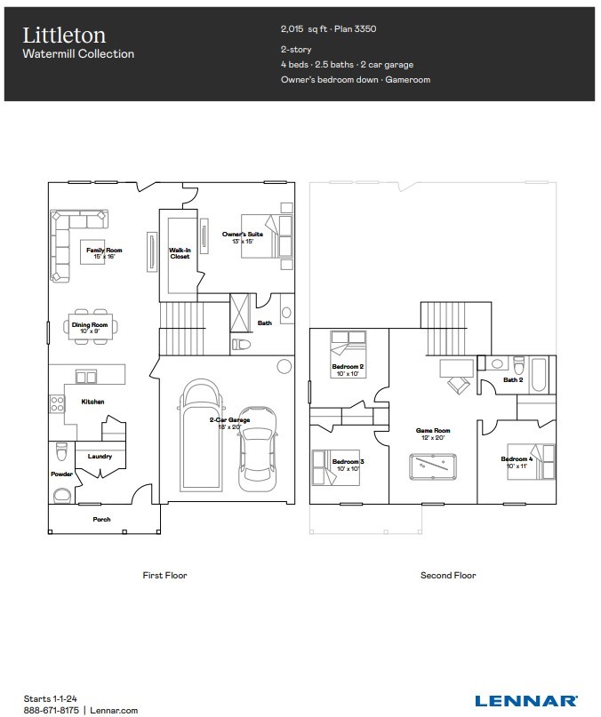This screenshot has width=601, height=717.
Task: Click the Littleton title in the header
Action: click(64, 35)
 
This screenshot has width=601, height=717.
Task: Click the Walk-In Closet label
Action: click(180, 253)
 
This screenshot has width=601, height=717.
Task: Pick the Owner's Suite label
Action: click(238, 237)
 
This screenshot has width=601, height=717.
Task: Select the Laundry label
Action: click(100, 457)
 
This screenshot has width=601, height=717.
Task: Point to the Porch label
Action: click(102, 519)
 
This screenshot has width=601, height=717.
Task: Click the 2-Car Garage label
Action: click(229, 423)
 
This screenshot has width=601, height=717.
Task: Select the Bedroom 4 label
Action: click(517, 462)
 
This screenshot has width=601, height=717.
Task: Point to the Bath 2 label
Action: click(512, 379)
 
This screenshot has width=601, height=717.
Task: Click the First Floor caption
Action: click(165, 576)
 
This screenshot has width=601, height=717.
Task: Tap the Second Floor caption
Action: click(448, 576)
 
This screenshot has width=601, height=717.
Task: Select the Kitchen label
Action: click(92, 402)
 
